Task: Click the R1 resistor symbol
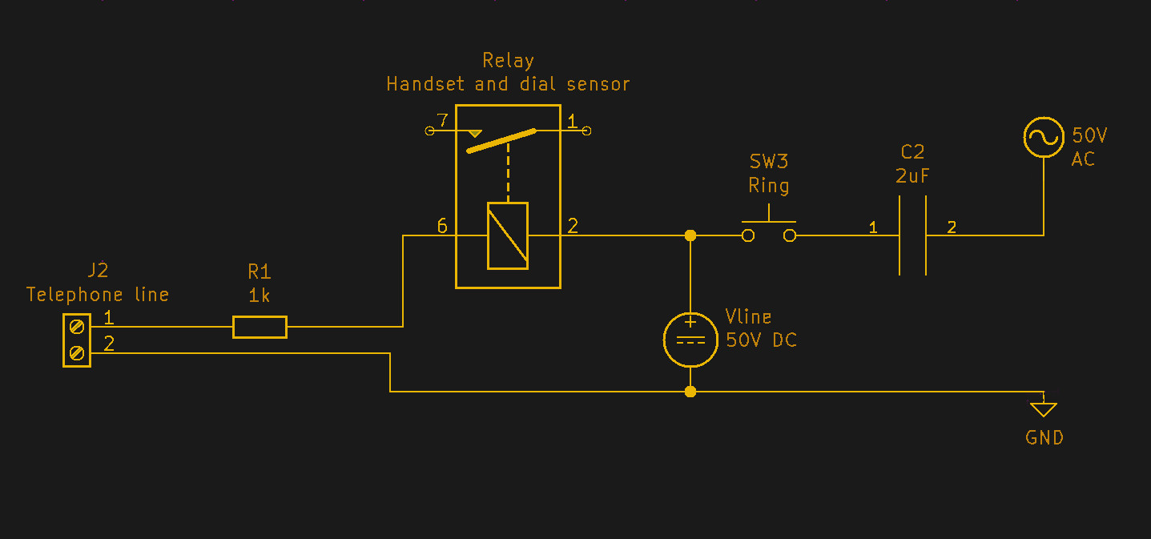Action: tap(260, 327)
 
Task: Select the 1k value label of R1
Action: tap(259, 296)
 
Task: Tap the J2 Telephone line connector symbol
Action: tap(77, 340)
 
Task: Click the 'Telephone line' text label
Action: tap(98, 295)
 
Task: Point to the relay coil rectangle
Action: tap(508, 235)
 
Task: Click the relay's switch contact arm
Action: tap(501, 141)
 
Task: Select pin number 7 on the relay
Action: tap(441, 121)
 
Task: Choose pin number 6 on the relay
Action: tap(442, 226)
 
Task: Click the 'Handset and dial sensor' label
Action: tap(508, 84)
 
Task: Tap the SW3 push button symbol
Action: tap(769, 230)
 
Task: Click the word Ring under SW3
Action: tap(769, 186)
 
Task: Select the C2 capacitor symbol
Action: tap(912, 235)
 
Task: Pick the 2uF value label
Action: tap(912, 176)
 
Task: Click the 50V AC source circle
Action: tap(1044, 137)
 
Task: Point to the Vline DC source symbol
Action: tap(690, 340)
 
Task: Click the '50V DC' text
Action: tap(761, 340)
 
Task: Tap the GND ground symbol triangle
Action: tap(1043, 409)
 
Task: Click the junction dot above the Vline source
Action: tap(690, 235)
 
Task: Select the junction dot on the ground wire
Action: tap(690, 392)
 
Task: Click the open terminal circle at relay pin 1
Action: tap(586, 131)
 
